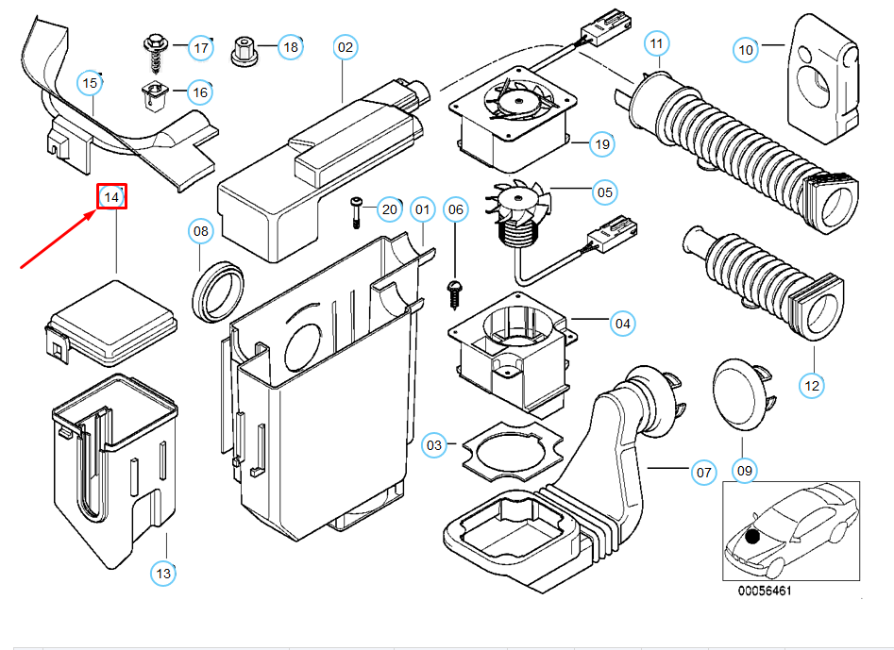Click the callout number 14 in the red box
(x=112, y=197)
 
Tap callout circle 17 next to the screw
(x=200, y=47)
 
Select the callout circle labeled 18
(x=290, y=46)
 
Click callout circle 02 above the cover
(x=345, y=46)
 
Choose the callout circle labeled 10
(x=746, y=49)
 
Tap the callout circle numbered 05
(x=604, y=192)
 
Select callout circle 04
(x=622, y=325)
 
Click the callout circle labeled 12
(x=812, y=385)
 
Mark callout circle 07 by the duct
(x=703, y=470)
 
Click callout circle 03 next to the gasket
(x=433, y=445)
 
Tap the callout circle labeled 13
(x=163, y=572)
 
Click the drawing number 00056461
(x=765, y=592)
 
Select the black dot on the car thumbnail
(x=751, y=537)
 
